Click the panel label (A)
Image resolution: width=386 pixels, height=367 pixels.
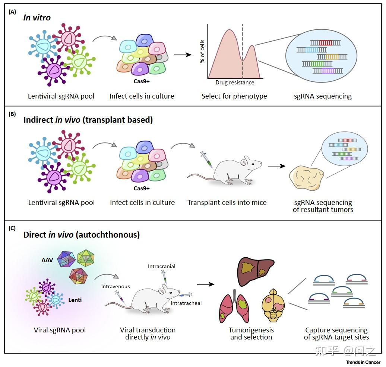coord(12,12)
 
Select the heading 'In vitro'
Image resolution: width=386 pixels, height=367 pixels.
coord(37,17)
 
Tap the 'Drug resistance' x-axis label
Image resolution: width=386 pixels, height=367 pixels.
coord(235,83)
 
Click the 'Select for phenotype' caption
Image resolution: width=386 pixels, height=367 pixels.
coord(234,96)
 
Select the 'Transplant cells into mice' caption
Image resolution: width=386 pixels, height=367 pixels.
coord(227,203)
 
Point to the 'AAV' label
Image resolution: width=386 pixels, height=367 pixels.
coord(47,260)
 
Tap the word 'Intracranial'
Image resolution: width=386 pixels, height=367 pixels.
coord(161,266)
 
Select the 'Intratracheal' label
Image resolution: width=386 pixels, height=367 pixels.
coord(186,303)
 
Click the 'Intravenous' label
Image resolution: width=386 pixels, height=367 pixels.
coord(116,286)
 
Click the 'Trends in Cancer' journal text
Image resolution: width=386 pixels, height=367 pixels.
coord(363,362)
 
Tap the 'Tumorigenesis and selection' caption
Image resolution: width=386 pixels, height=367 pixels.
coord(251,334)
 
